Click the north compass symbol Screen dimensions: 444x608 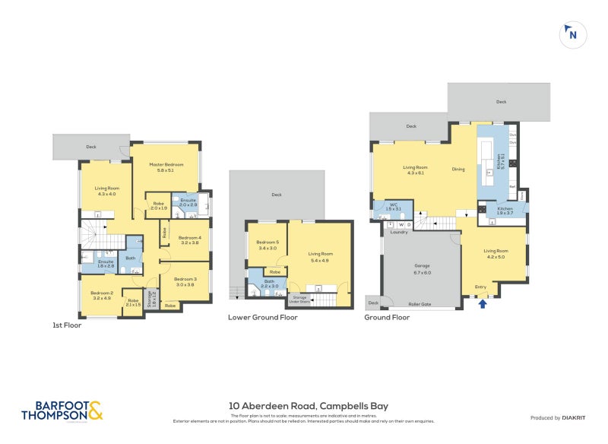(x=572, y=34)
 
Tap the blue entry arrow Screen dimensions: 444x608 (x=483, y=304)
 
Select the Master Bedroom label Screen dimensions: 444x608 (x=166, y=167)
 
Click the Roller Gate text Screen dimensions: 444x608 (x=420, y=304)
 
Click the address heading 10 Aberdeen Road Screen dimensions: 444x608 (x=309, y=406)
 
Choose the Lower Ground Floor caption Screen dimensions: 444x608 (x=263, y=318)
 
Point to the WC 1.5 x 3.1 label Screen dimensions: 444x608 (x=393, y=206)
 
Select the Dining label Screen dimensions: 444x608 (x=458, y=170)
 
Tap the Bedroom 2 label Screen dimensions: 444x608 (x=101, y=295)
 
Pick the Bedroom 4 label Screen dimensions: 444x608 (x=189, y=240)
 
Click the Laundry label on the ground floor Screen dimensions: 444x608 (x=400, y=233)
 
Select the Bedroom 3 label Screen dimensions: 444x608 (x=185, y=281)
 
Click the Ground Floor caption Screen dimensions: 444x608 (x=387, y=318)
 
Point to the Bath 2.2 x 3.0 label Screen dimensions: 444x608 (x=270, y=284)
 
